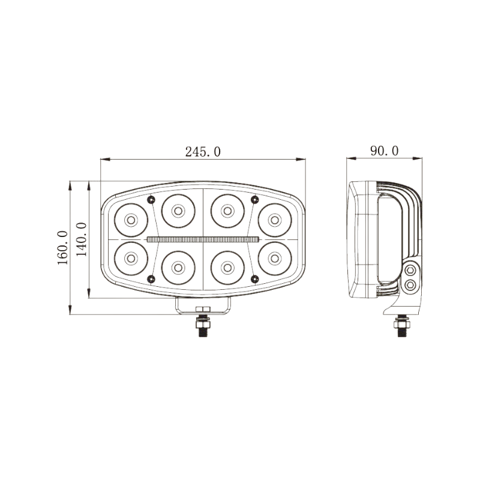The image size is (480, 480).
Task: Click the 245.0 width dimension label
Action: [x=203, y=152]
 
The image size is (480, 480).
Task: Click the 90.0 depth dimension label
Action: [x=384, y=151]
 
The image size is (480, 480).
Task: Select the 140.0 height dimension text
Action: [x=82, y=239]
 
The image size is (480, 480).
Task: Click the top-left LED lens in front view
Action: [x=130, y=220]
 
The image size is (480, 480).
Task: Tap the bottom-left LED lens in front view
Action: [x=130, y=258]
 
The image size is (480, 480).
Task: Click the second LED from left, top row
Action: [x=178, y=210]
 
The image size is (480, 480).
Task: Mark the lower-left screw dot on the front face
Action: [x=151, y=278]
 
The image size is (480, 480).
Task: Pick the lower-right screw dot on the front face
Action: [x=254, y=278]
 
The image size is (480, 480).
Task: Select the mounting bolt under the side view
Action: [x=400, y=327]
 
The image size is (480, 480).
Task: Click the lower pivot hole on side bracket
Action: [x=410, y=284]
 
